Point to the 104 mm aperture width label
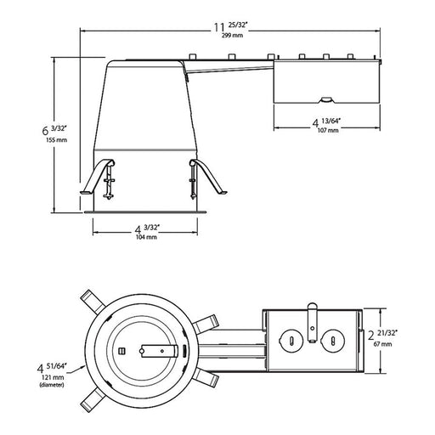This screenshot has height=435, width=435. click(x=145, y=237)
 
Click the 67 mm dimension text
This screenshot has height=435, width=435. click(x=381, y=345)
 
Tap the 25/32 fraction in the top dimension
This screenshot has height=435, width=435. click(x=233, y=27)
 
